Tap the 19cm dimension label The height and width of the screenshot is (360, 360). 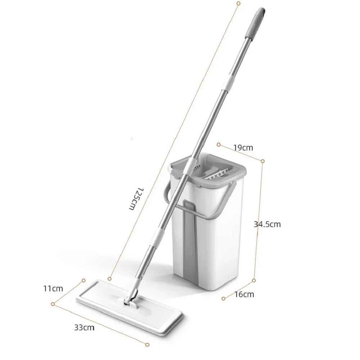pos(243,147)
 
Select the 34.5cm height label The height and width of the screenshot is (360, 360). pos(267,224)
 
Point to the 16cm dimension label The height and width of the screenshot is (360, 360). pos(244,294)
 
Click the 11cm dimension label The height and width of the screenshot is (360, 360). pos(53,288)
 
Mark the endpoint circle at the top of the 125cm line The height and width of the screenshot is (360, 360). pos(238,3)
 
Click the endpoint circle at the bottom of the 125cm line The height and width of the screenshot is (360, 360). pos(110,278)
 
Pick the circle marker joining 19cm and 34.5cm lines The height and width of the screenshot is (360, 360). pos(263,161)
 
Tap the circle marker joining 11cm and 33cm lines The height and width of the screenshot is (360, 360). pos(53,304)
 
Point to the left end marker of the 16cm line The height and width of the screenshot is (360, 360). pos(223,298)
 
